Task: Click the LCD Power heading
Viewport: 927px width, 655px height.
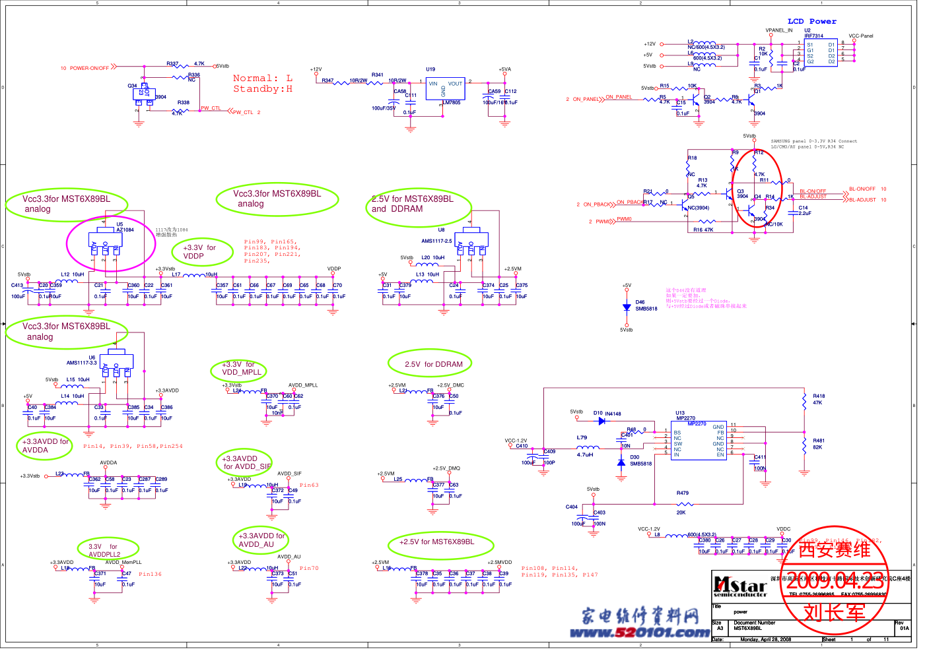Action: point(811,22)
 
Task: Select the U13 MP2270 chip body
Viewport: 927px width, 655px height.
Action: point(699,441)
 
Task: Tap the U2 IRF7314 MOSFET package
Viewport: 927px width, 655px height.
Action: point(821,52)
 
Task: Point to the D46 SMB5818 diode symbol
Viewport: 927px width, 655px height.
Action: point(627,307)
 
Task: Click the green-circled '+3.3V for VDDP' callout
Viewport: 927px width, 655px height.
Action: point(202,252)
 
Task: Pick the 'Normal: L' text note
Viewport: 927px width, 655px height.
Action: point(262,78)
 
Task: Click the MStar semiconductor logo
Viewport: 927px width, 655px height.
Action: point(740,586)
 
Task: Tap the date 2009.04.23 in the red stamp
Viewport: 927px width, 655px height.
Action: point(835,581)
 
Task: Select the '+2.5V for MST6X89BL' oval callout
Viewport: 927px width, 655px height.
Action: point(436,542)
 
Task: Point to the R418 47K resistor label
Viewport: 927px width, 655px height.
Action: point(818,399)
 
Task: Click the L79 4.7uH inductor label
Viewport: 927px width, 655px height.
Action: point(584,446)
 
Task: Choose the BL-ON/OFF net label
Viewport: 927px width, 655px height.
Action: point(862,189)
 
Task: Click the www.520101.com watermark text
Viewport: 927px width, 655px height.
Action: point(639,633)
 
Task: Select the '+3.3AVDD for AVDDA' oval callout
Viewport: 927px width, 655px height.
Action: point(44,446)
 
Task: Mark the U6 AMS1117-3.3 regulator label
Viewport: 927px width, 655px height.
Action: point(82,360)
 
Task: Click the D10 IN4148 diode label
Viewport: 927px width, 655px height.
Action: point(607,414)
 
